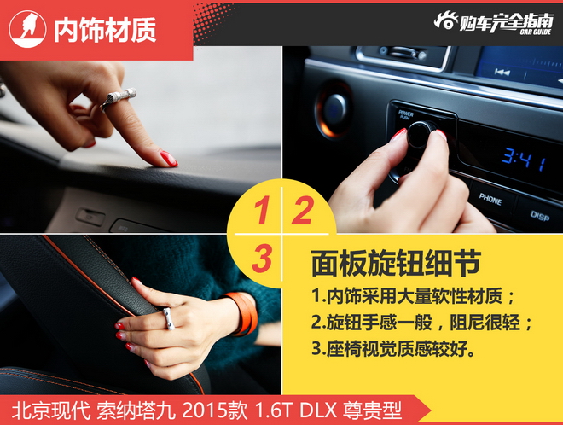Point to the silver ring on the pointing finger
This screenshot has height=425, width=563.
[x=118, y=97]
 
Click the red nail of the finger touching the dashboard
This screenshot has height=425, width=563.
[x=168, y=159]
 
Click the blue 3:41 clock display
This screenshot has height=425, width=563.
[x=522, y=159]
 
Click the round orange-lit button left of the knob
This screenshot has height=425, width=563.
[x=335, y=109]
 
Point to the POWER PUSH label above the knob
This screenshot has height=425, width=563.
[x=406, y=114]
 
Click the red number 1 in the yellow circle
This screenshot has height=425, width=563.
[x=264, y=211]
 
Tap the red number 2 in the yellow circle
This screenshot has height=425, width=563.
[x=301, y=211]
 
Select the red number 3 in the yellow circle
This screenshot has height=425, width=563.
[x=263, y=256]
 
